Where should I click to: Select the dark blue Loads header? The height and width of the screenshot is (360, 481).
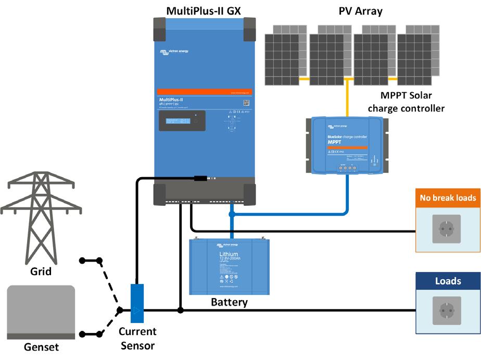click(448, 281)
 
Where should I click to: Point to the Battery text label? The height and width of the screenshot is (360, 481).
click(229, 302)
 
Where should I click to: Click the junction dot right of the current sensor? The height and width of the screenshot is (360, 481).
click(180, 311)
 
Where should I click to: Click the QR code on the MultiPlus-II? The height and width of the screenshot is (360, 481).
click(246, 103)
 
